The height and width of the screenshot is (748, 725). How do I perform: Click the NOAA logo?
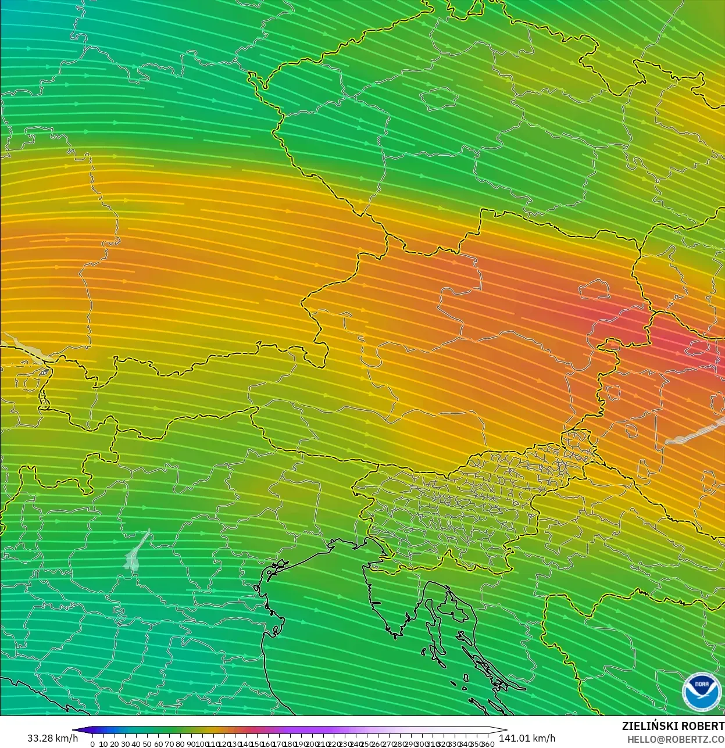click(701, 691)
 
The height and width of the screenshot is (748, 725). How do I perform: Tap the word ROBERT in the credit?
click(703, 726)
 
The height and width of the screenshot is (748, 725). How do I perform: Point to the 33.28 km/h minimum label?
click(52, 738)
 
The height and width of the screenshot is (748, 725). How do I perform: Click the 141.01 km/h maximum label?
click(527, 738)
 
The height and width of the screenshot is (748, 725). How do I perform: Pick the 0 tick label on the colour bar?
click(92, 744)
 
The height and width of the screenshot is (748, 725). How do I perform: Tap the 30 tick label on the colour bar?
click(125, 744)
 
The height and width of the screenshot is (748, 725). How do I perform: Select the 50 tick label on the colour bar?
click(147, 744)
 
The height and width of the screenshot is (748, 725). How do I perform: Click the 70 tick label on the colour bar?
click(169, 744)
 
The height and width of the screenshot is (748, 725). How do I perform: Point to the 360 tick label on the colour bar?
click(488, 744)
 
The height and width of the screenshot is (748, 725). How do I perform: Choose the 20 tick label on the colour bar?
click(114, 744)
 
